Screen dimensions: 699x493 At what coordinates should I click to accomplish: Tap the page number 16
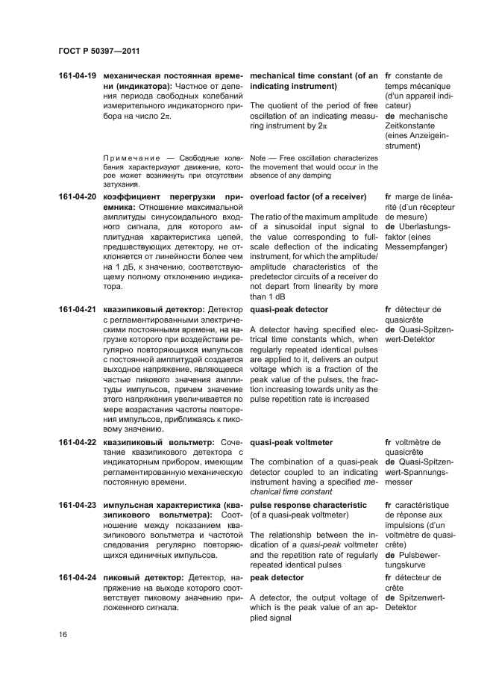point(62,633)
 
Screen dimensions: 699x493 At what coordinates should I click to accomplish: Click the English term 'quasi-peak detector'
point(289,309)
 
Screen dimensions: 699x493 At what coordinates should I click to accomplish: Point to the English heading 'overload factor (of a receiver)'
point(307,196)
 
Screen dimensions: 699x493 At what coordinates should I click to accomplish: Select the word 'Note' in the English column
point(258,158)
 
